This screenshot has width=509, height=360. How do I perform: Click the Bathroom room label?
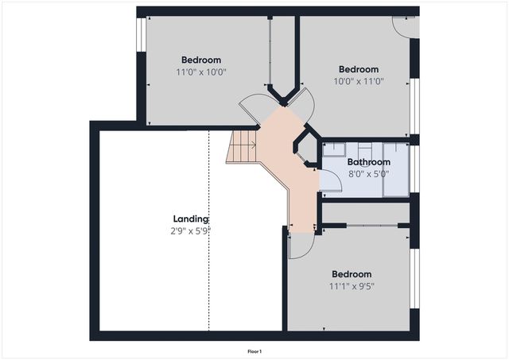point(368,162)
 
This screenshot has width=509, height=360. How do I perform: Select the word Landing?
point(191,219)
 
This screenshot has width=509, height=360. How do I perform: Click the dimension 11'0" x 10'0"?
point(201,72)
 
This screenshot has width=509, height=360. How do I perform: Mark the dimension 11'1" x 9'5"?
point(352,286)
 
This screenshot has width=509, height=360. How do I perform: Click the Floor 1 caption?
point(254,350)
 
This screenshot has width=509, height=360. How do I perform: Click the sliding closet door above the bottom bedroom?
point(366,226)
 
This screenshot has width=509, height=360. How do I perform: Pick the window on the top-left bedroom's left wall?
point(140,36)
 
